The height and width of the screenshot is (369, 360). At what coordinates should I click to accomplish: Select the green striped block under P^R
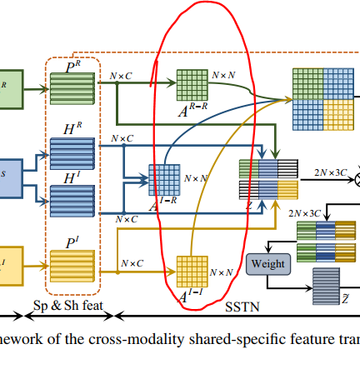(x=73, y=86)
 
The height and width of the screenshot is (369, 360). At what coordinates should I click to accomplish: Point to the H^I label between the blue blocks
(x=73, y=176)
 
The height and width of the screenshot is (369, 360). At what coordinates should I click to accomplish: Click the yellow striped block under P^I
(x=73, y=267)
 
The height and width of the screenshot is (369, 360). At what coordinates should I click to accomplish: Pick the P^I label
(x=73, y=243)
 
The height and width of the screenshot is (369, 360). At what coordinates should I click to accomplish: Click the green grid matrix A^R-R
(x=192, y=84)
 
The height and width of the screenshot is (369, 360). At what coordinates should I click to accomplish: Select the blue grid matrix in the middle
(x=163, y=179)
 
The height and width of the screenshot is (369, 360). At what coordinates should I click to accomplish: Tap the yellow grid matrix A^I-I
(x=192, y=272)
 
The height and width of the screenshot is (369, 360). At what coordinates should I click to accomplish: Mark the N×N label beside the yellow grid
(x=222, y=272)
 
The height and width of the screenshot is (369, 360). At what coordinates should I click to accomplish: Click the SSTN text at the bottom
(x=244, y=307)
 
